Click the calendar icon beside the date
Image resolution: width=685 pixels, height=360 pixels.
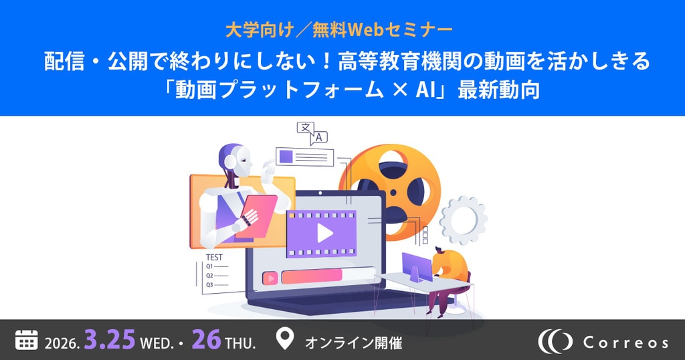pyautogui.click(x=27, y=340)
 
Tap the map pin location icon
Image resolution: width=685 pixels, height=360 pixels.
pyautogui.click(x=285, y=339)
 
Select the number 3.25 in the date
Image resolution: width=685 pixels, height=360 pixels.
pyautogui.click(x=109, y=339)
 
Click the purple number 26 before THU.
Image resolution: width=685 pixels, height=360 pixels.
pyautogui.click(x=206, y=339)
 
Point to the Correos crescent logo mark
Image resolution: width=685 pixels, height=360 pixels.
pyautogui.click(x=555, y=341)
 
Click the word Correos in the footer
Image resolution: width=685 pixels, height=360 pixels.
pyautogui.click(x=625, y=343)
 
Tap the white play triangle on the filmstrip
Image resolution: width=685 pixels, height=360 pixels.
pyautogui.click(x=324, y=234)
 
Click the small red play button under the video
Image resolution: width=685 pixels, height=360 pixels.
pyautogui.click(x=270, y=278)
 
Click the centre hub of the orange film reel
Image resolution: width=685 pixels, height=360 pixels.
pyautogui.click(x=393, y=192)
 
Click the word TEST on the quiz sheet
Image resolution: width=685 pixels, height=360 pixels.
pyautogui.click(x=214, y=258)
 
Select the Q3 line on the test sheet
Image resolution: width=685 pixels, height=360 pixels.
pyautogui.click(x=217, y=285)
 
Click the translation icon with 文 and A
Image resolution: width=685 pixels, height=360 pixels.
pyautogui.click(x=312, y=133)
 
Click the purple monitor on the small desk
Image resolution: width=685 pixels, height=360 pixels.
pyautogui.click(x=417, y=266)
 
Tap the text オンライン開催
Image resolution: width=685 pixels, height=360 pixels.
pyautogui.click(x=353, y=343)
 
